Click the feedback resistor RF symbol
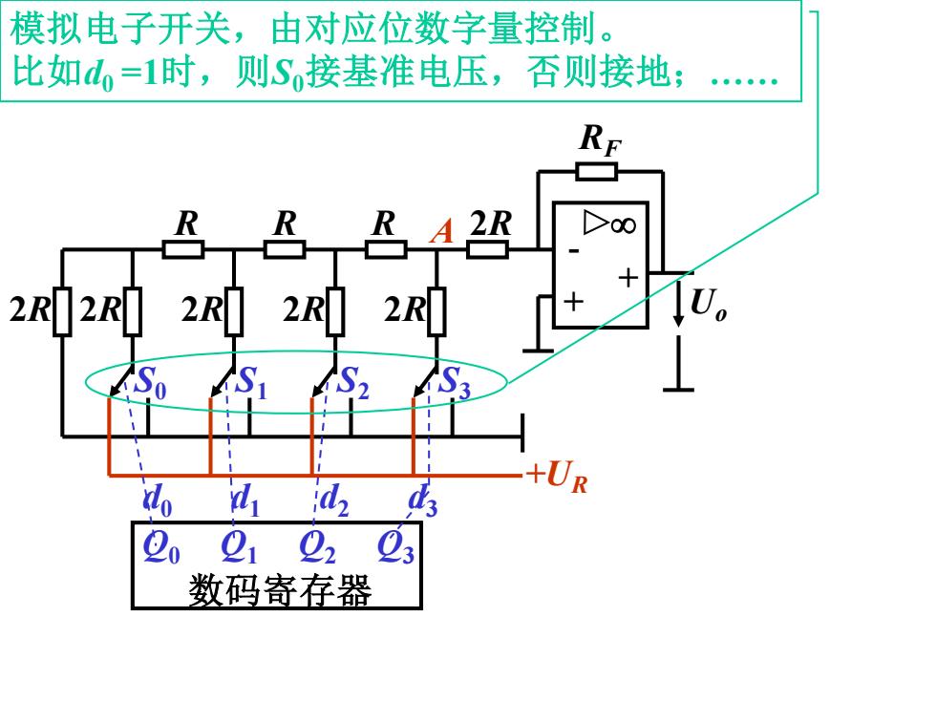click(x=597, y=171)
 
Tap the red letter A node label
click(x=441, y=231)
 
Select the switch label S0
click(x=151, y=382)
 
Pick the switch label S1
click(x=252, y=382)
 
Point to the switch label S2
click(x=353, y=382)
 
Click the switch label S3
click(x=455, y=382)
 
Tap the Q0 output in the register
click(x=161, y=546)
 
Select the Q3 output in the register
click(x=395, y=546)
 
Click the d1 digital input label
click(x=245, y=500)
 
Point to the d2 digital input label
click(x=333, y=500)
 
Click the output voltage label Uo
click(x=709, y=305)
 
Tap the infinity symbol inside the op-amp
click(x=623, y=225)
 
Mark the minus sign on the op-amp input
click(x=574, y=251)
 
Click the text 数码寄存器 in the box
click(x=280, y=590)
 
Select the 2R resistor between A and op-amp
click(x=487, y=249)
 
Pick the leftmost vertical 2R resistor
click(x=62, y=311)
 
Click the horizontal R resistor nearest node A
click(x=386, y=249)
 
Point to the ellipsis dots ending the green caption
click(x=744, y=80)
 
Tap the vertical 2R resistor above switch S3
click(x=437, y=311)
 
